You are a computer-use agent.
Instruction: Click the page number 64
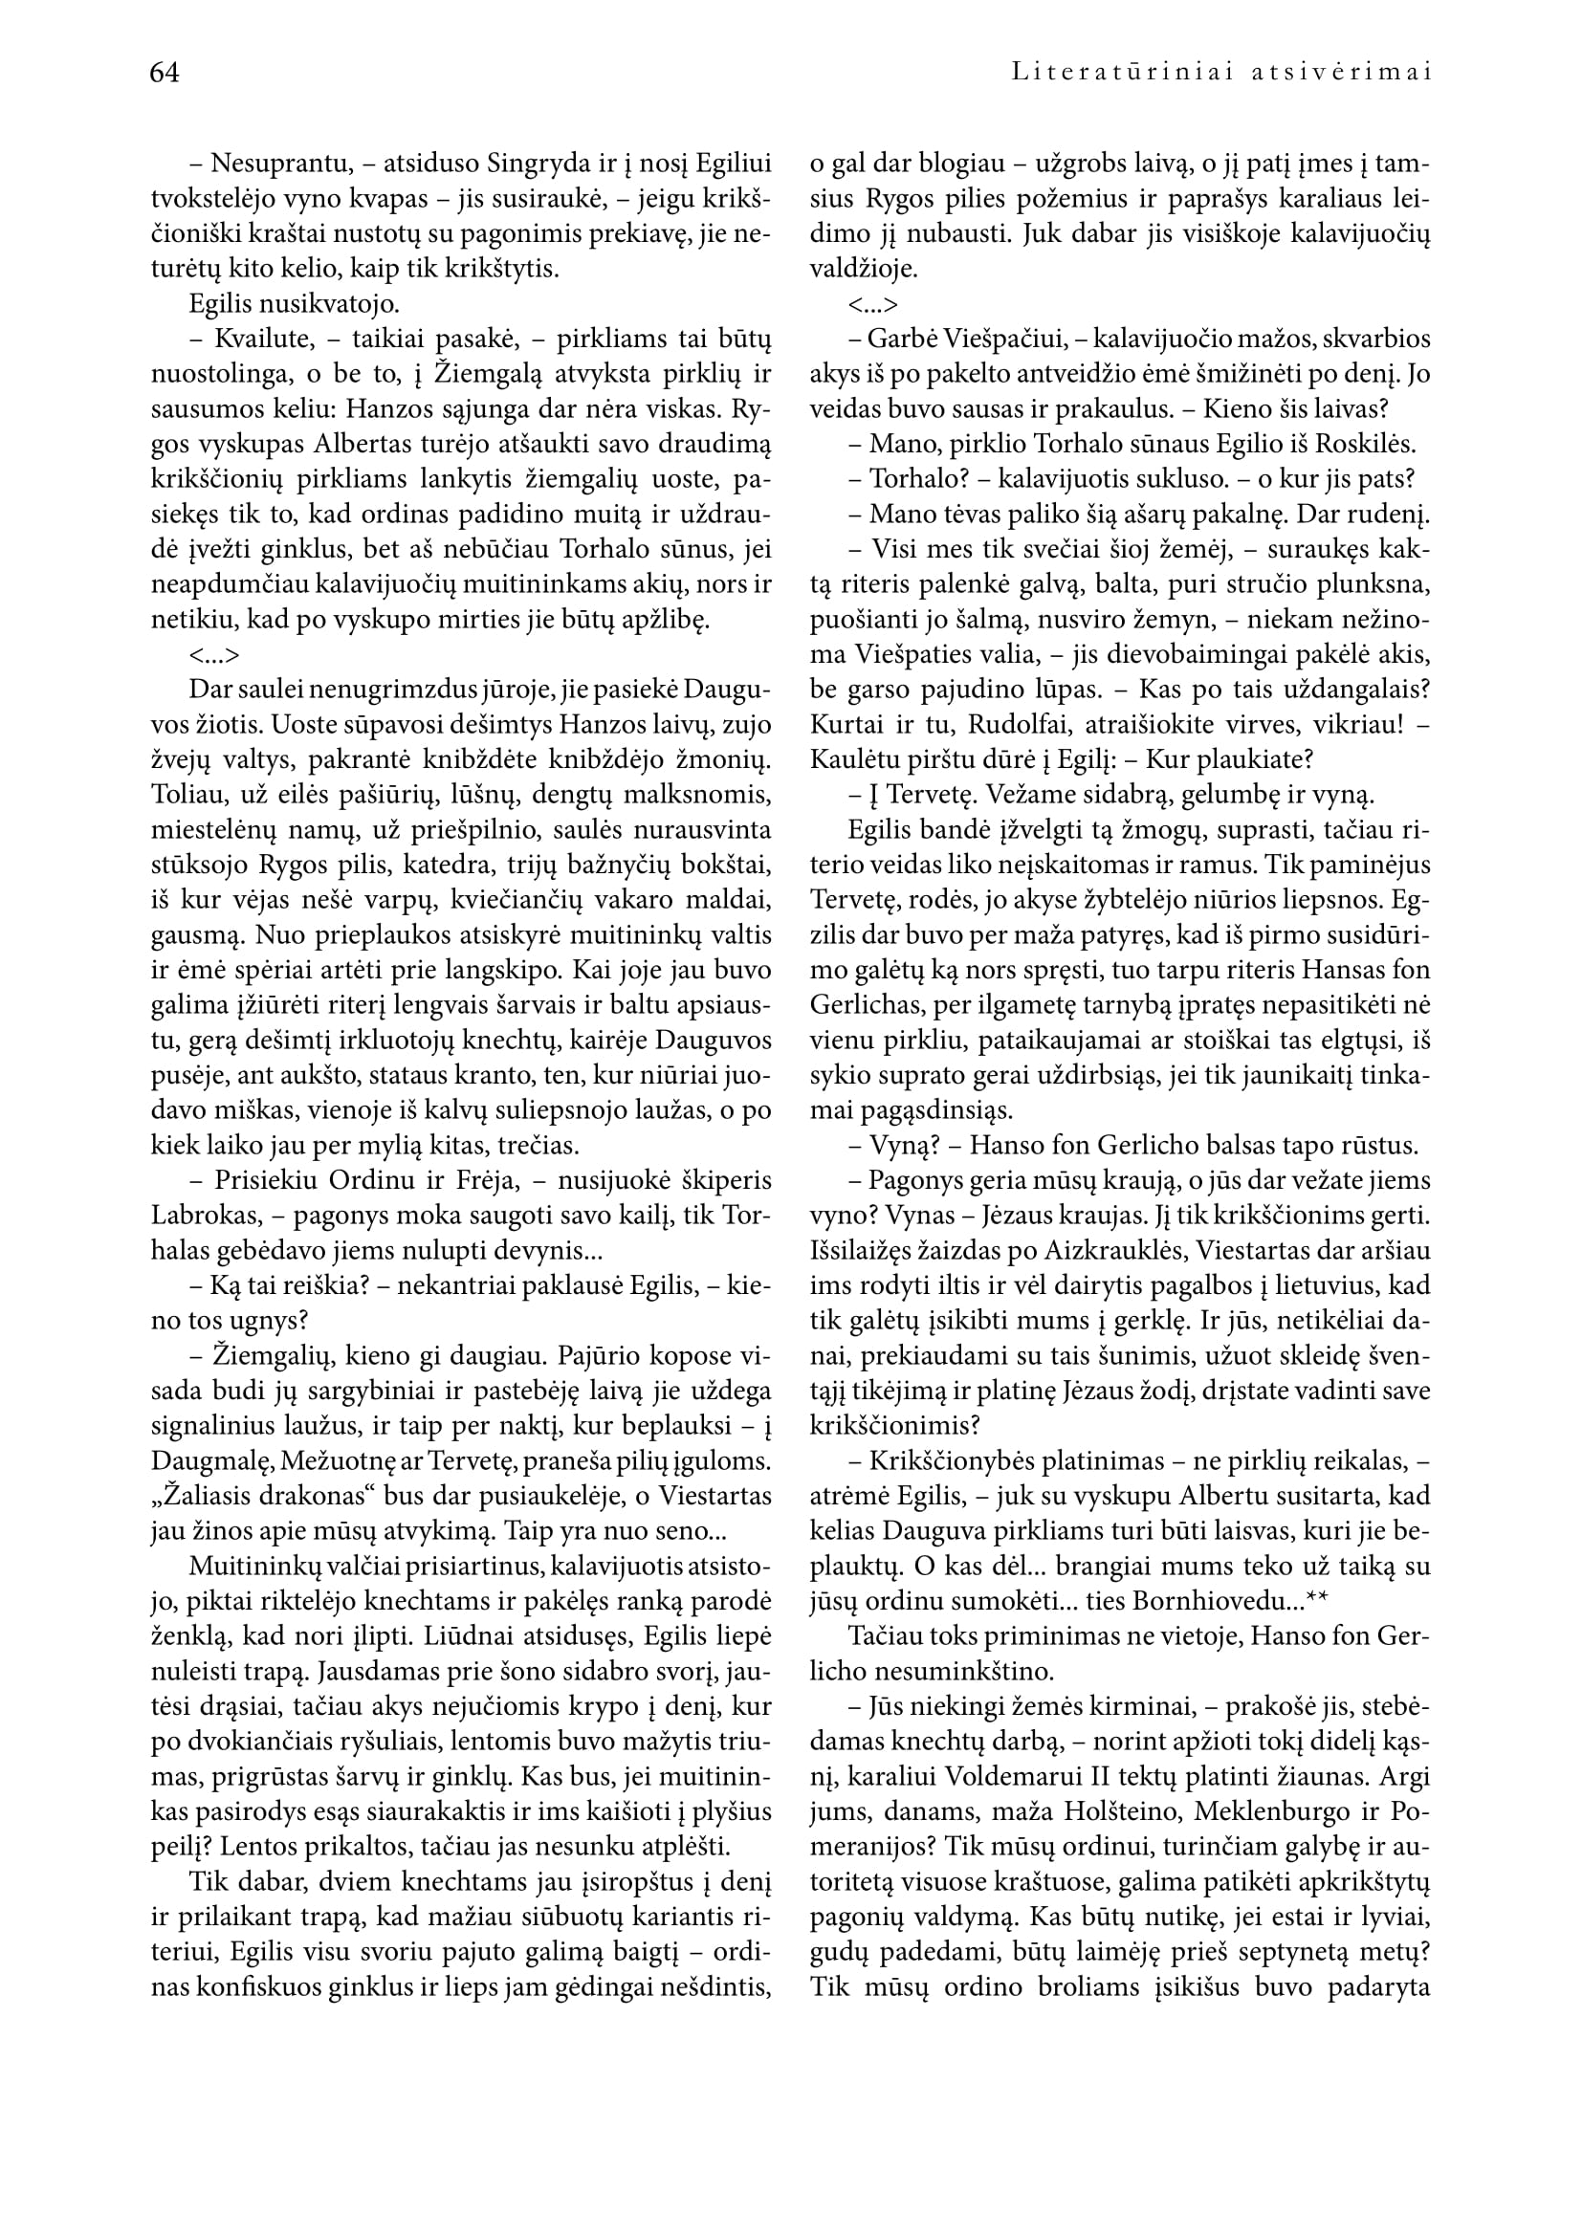pyautogui.click(x=165, y=73)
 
